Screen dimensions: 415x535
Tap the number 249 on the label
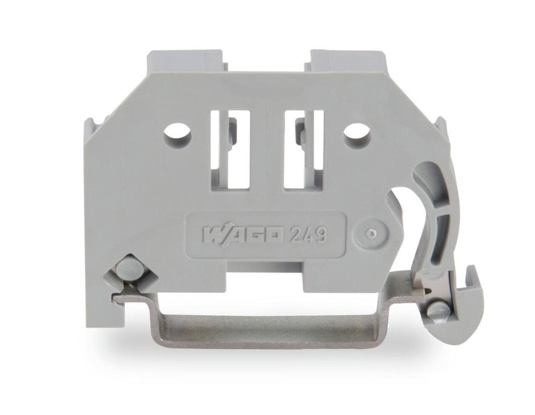point(308,234)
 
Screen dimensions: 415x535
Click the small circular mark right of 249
point(371,234)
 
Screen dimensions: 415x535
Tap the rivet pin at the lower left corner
point(126,267)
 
